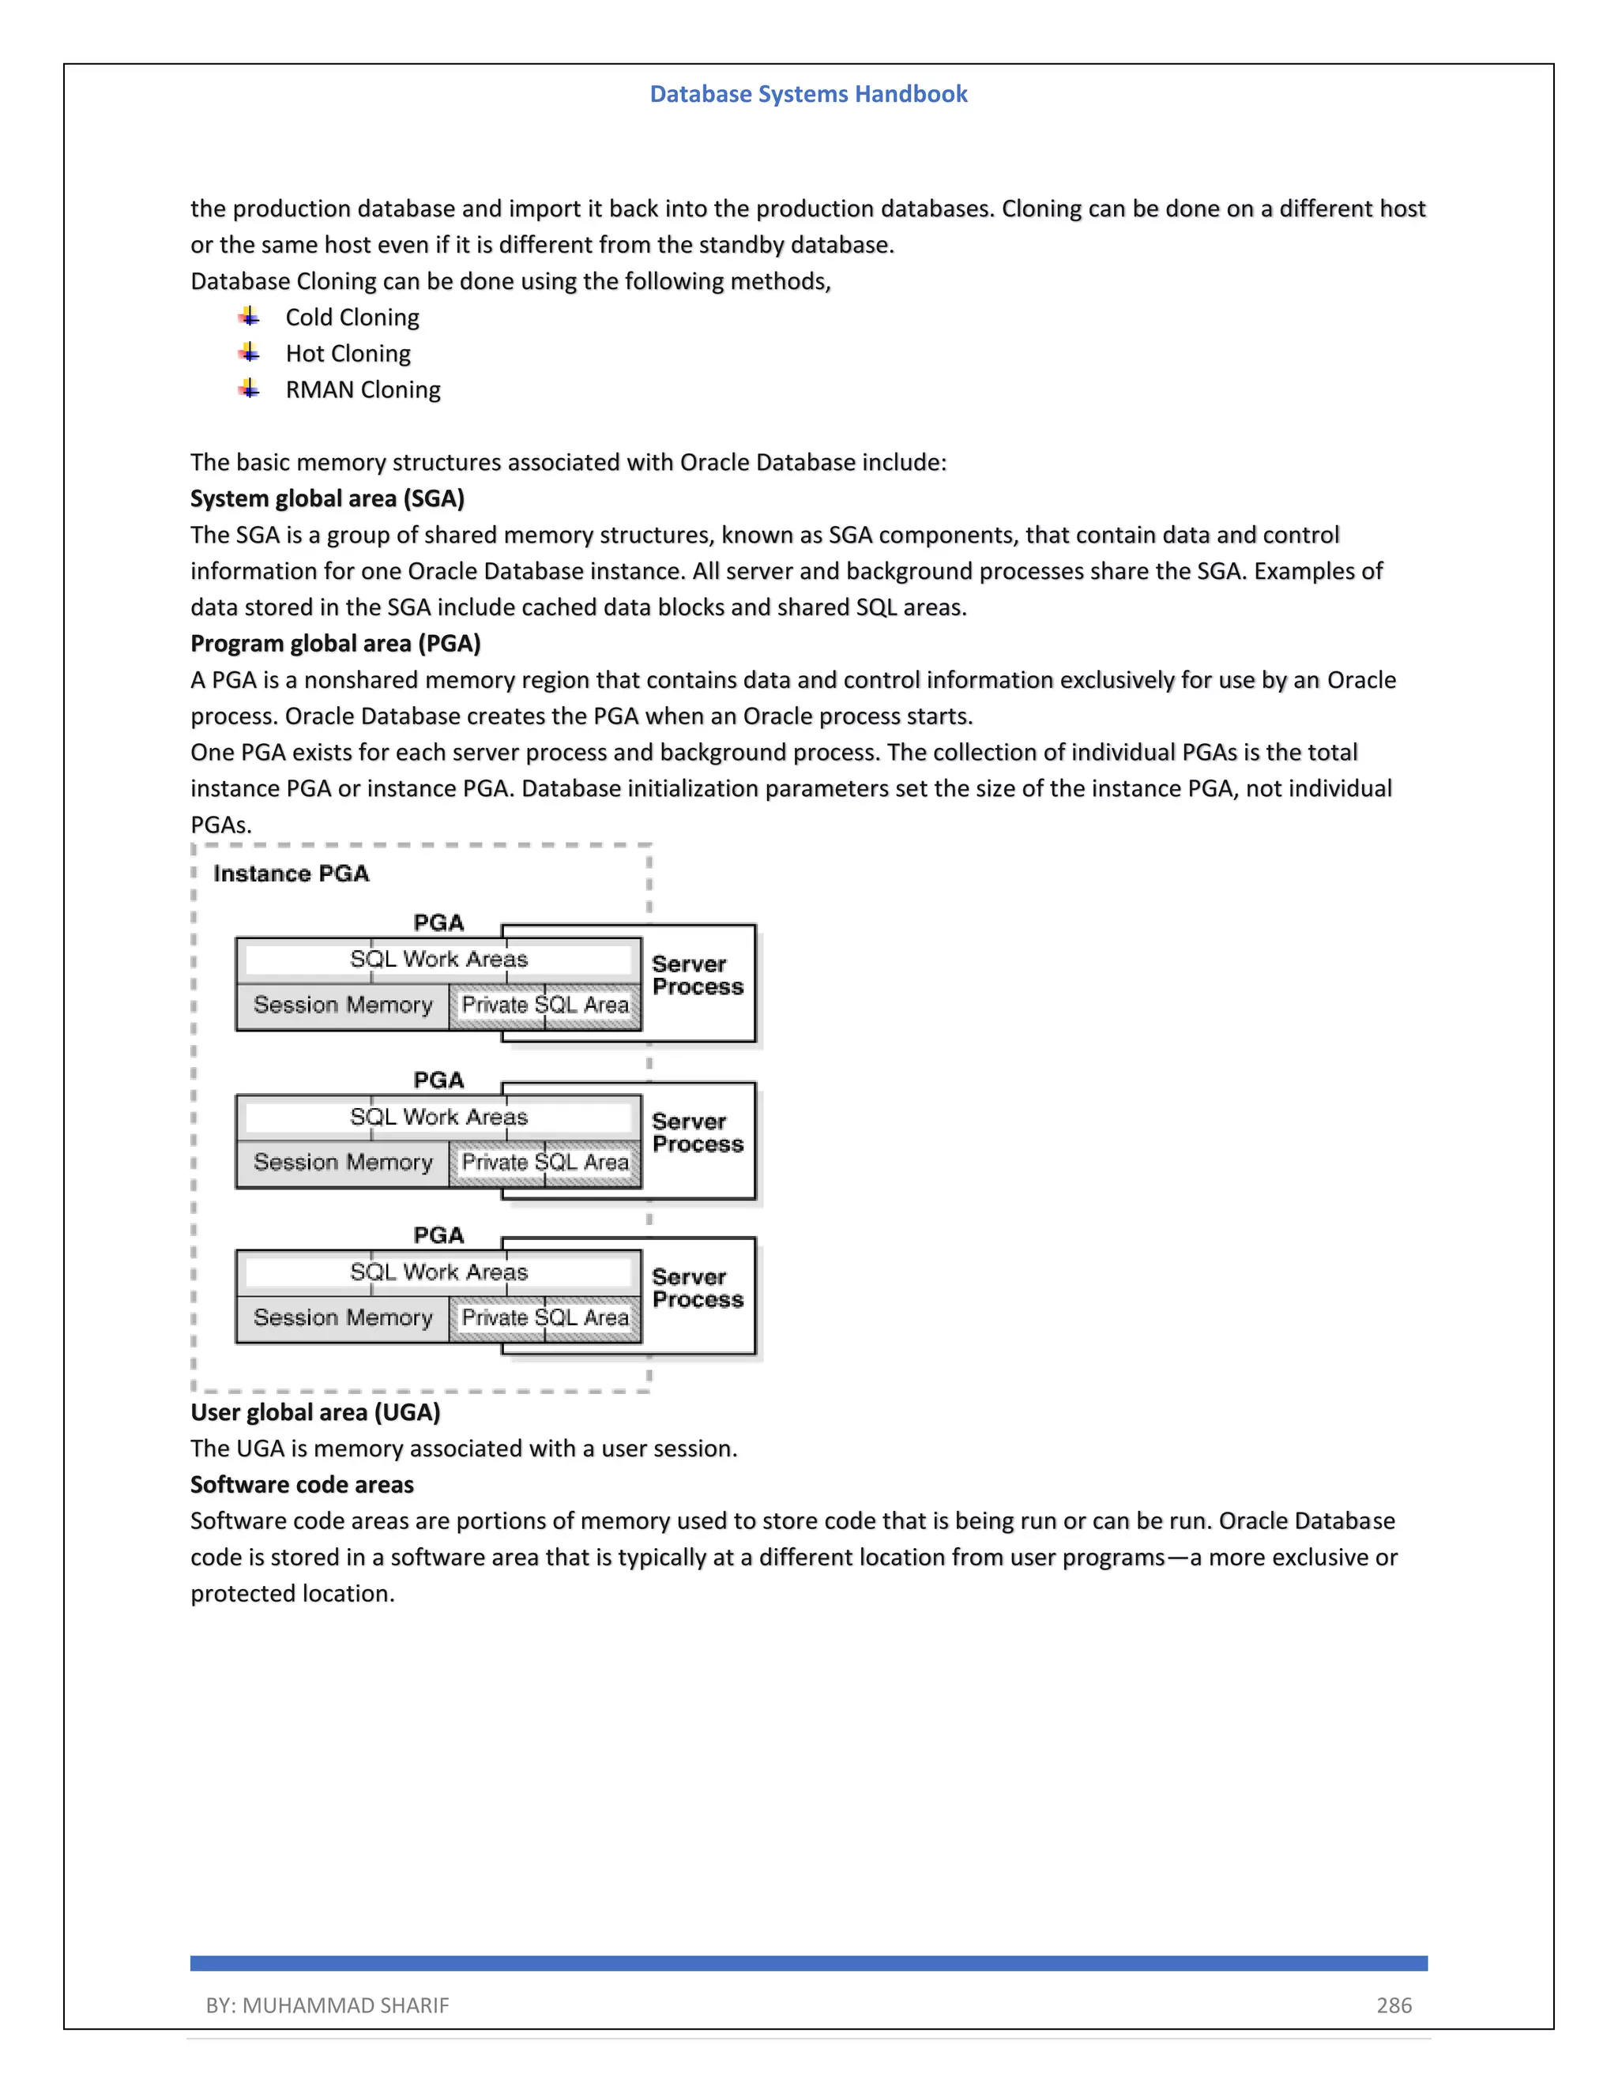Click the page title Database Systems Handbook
(x=808, y=94)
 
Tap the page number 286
(x=1394, y=2005)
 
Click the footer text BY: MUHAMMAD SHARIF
(x=327, y=2005)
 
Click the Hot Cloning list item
(x=348, y=354)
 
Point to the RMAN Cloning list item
(x=363, y=390)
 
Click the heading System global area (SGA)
(x=327, y=498)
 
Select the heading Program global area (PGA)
(x=334, y=643)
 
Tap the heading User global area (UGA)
(x=314, y=1411)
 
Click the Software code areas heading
(x=302, y=1485)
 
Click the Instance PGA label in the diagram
(x=291, y=873)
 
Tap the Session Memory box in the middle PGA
(x=342, y=1163)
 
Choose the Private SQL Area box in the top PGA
(x=544, y=1005)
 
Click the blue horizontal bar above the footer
(x=808, y=1963)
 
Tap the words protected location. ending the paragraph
(x=292, y=1593)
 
